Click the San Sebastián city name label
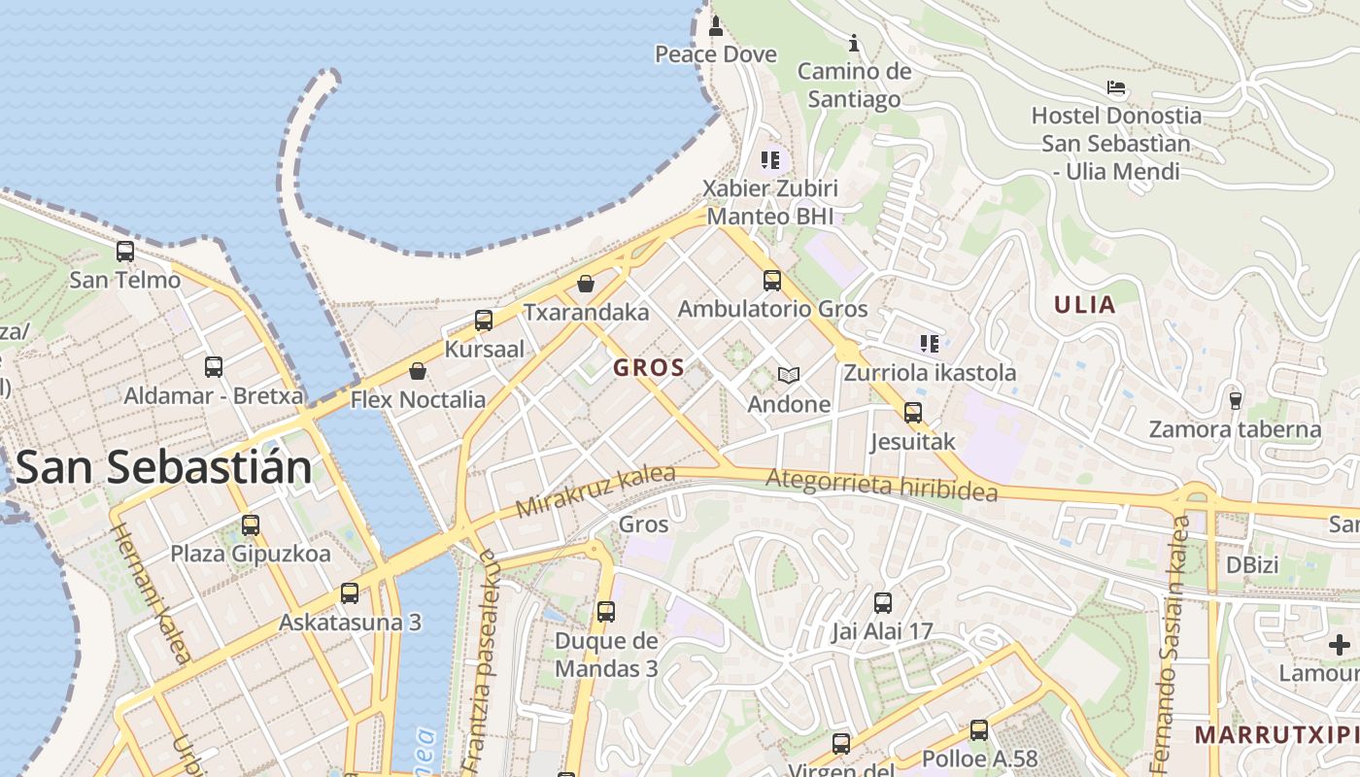pos(163,467)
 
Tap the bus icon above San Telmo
pos(125,252)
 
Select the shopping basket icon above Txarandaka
pos(586,284)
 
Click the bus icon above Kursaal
pos(484,321)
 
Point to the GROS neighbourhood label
pos(650,368)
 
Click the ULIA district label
pos(1085,305)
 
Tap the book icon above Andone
pos(788,375)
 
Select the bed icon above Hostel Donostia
pos(1116,87)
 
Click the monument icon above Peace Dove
pos(716,25)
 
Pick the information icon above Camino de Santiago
pos(854,43)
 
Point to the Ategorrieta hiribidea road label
pos(881,485)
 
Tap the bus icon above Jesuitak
pos(913,413)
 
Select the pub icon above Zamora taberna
pos(1235,399)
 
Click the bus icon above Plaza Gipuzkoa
pos(251,525)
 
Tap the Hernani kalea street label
pos(151,593)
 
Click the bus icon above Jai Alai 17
pos(882,603)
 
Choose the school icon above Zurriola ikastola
pos(930,343)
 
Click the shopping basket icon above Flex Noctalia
pos(418,371)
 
